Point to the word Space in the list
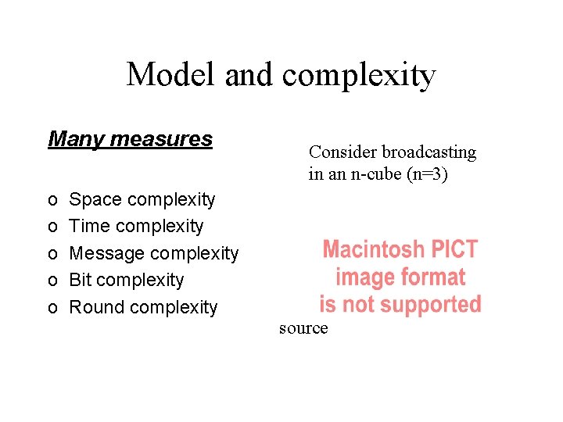[96, 200]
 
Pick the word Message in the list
[107, 253]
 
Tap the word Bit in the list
[81, 280]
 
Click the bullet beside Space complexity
[52, 201]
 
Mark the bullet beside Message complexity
[52, 254]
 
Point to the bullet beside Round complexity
[52, 308]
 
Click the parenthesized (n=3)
[427, 174]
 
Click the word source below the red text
[303, 329]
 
